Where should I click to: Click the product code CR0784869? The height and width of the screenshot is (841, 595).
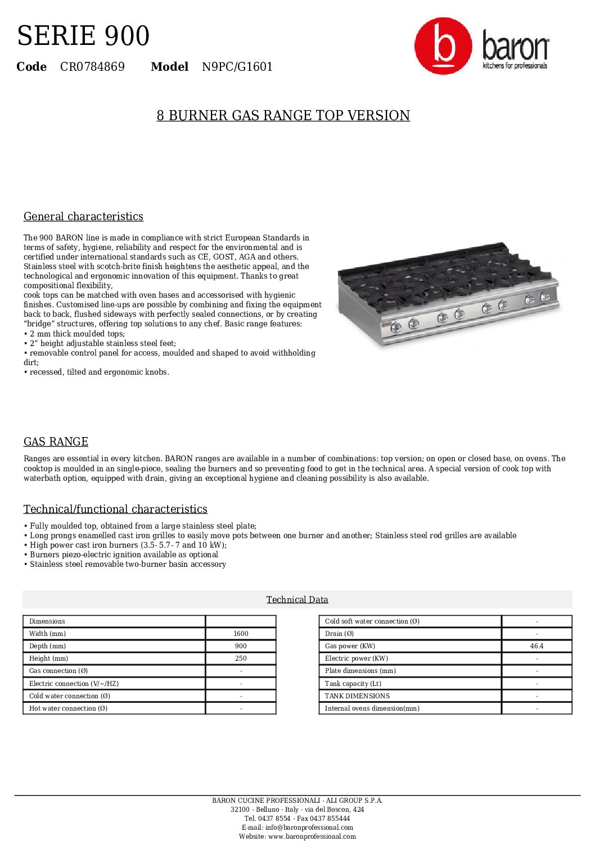[x=92, y=67]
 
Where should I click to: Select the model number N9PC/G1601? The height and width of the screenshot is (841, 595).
[x=237, y=67]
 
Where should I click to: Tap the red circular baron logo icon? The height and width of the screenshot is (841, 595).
[x=443, y=46]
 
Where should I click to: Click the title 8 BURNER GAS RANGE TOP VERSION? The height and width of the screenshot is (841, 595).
[x=283, y=116]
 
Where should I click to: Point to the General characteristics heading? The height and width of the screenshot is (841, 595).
[x=83, y=217]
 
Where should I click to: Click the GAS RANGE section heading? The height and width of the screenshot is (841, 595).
[x=56, y=442]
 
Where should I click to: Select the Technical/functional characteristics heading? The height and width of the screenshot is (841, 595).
[x=115, y=510]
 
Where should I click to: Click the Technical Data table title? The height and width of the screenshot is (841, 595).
[x=297, y=600]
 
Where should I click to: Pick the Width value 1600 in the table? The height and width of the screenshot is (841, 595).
[x=241, y=634]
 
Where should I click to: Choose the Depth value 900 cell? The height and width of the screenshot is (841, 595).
[x=241, y=646]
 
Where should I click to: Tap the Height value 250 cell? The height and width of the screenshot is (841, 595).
[x=241, y=658]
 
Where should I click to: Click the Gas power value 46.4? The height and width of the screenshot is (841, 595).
[x=537, y=646]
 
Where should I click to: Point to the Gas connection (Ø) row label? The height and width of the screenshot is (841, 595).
[x=58, y=671]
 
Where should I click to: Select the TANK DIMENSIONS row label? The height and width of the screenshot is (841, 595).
[x=357, y=696]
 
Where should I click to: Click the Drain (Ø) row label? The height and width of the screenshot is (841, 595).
[x=339, y=634]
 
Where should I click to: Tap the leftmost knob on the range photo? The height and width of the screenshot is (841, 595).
[x=395, y=326]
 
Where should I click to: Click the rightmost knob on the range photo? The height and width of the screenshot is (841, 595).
[x=545, y=297]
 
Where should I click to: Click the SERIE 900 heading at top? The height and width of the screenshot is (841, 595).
[x=83, y=36]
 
